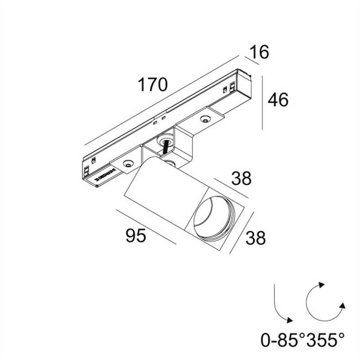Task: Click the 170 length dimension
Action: (x=153, y=85)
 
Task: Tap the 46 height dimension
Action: (x=278, y=100)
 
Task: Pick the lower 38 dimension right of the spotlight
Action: (x=256, y=238)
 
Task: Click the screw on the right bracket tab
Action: (x=205, y=119)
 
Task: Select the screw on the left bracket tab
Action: (x=128, y=165)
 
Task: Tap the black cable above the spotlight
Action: (x=167, y=148)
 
